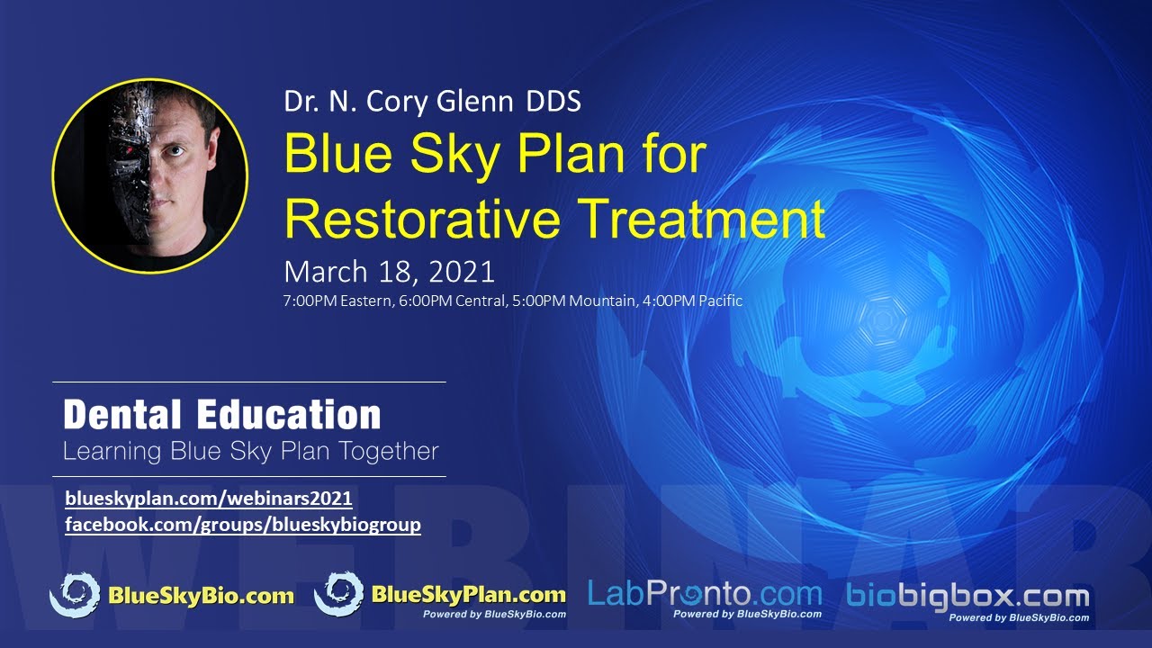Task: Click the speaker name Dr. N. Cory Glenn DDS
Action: tap(432, 101)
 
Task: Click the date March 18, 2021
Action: tap(389, 271)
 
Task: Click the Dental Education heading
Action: tap(221, 415)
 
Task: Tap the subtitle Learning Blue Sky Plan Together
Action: tap(250, 451)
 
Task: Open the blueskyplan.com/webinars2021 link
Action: tap(208, 498)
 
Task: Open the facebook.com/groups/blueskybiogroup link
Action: tap(242, 524)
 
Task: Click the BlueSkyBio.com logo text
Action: tap(200, 595)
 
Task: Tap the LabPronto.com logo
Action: tap(704, 593)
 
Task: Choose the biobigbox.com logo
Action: tap(967, 595)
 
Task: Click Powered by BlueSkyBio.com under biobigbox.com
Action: tap(1019, 617)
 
